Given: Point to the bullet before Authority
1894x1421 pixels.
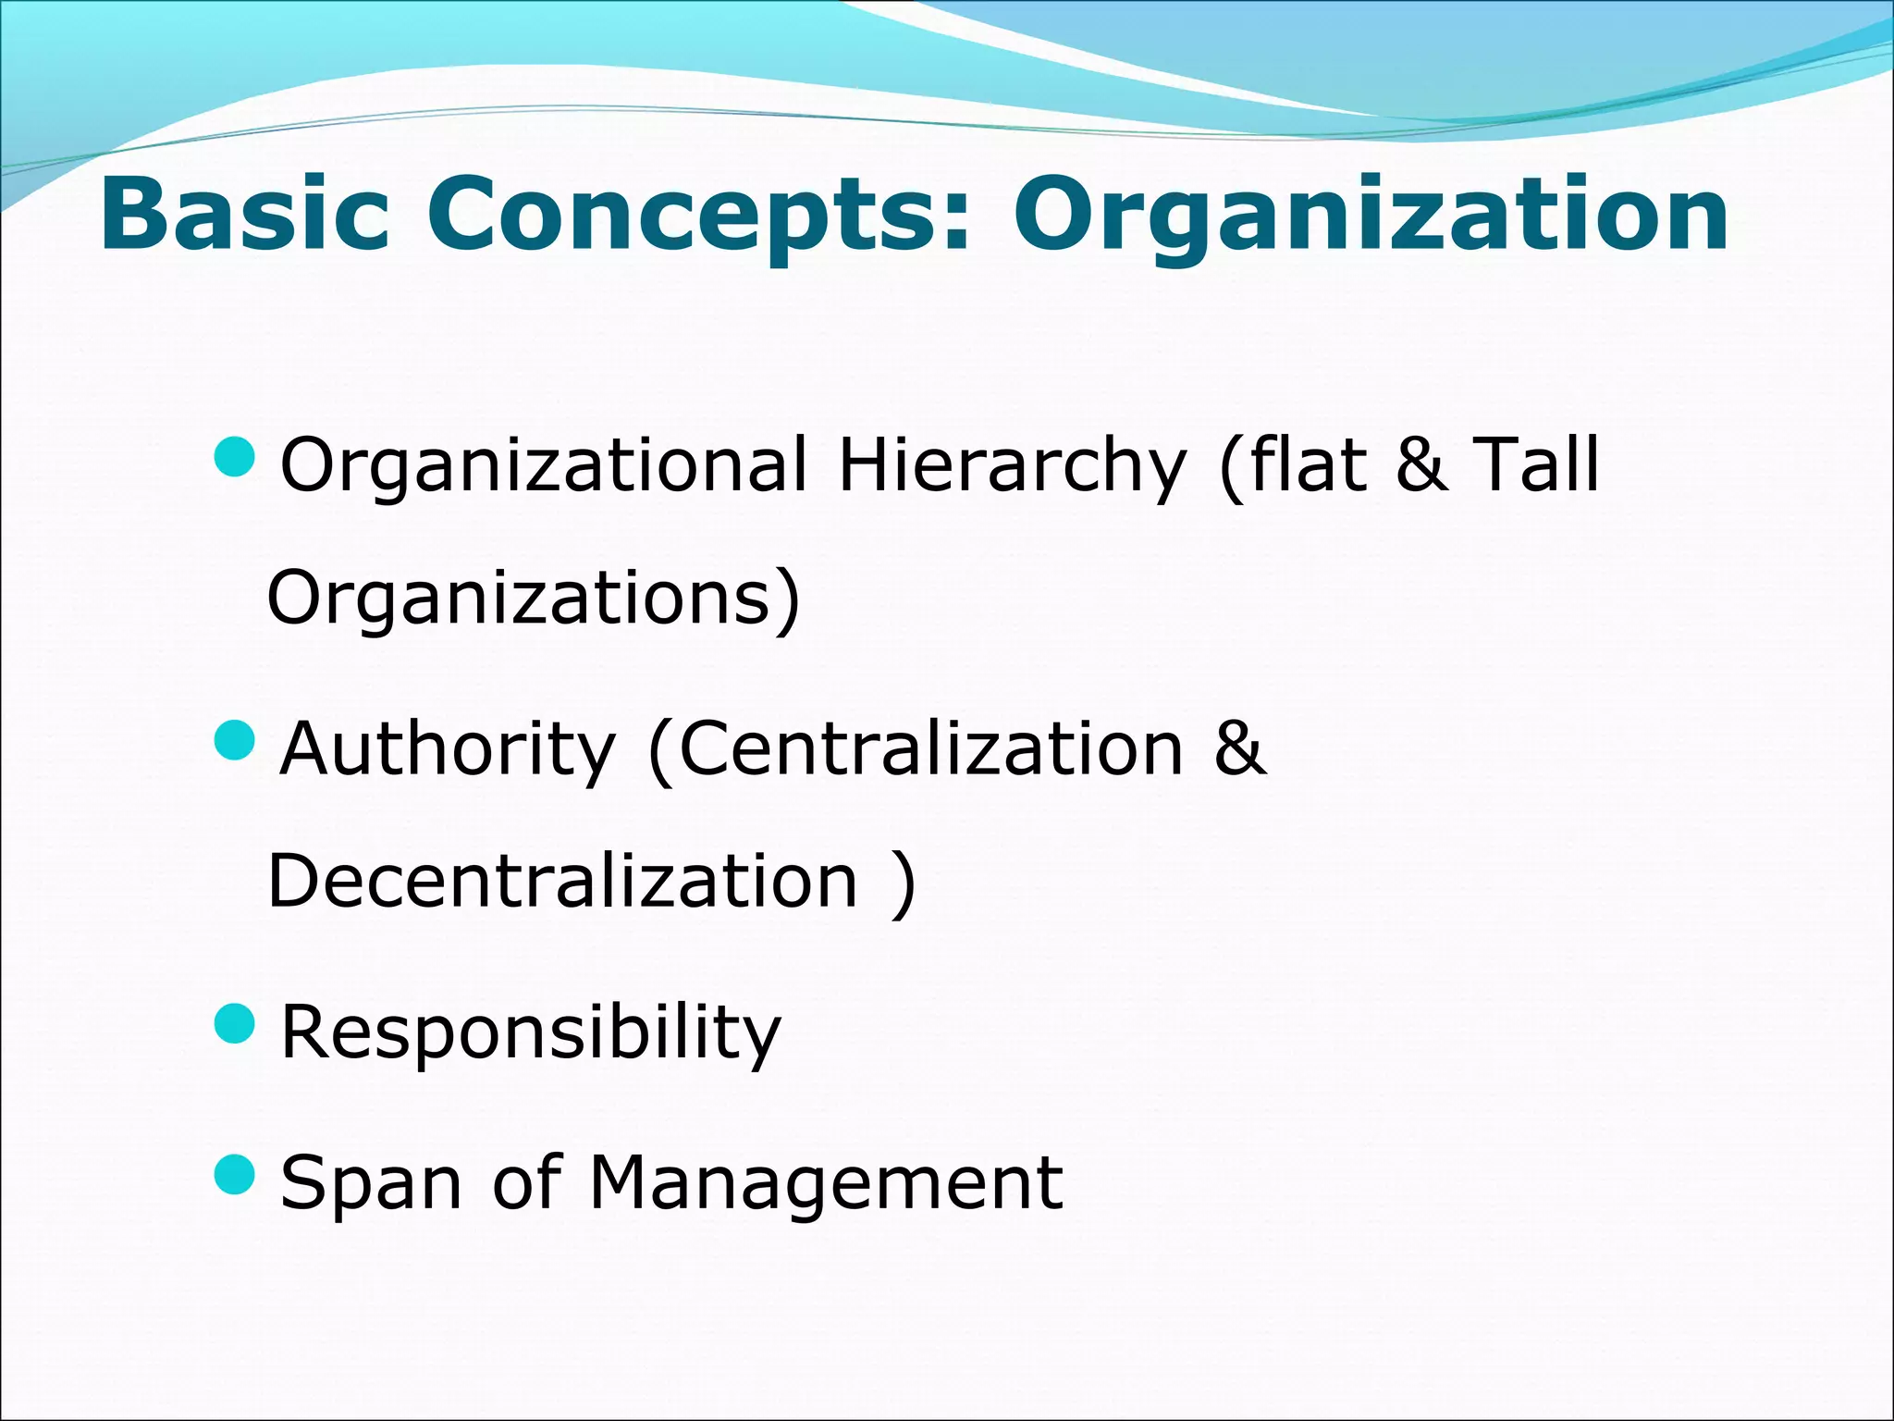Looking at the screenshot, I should (x=233, y=740).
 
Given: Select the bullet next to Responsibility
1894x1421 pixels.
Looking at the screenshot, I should (x=233, y=1023).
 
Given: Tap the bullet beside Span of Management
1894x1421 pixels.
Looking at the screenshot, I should (x=233, y=1174).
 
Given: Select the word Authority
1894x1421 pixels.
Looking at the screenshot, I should (x=448, y=750).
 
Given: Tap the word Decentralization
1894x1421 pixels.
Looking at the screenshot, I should (x=562, y=881).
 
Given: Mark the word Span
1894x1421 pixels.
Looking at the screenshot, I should (x=370, y=1184).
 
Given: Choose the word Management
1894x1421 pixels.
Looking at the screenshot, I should (x=826, y=1184).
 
